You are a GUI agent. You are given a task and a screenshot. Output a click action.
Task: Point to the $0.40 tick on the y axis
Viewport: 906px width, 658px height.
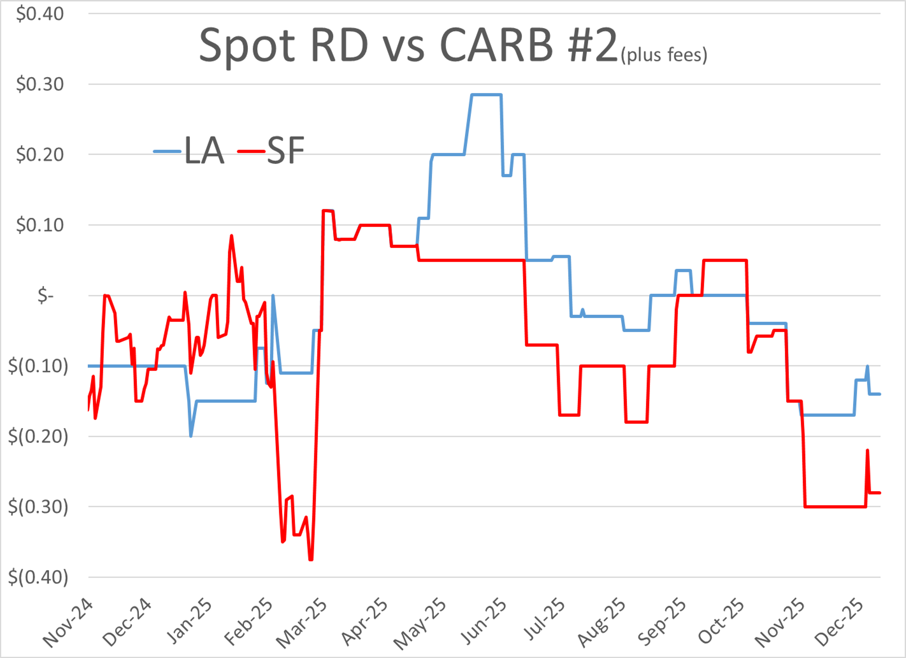pyautogui.click(x=40, y=14)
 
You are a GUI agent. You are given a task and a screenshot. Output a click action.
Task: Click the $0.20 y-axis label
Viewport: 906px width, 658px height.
pyautogui.click(x=40, y=154)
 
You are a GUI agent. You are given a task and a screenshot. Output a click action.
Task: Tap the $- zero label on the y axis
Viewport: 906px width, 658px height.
pyautogui.click(x=45, y=296)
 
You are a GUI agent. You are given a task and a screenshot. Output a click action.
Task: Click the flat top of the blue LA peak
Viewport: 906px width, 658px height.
pyautogui.click(x=486, y=95)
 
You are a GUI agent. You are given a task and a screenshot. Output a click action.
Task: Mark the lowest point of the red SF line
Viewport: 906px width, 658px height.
pyautogui.click(x=311, y=559)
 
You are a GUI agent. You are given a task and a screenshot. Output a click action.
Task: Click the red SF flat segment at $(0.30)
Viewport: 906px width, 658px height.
pyautogui.click(x=835, y=507)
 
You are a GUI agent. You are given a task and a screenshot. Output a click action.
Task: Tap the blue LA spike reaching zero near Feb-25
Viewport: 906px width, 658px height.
pyautogui.click(x=273, y=296)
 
